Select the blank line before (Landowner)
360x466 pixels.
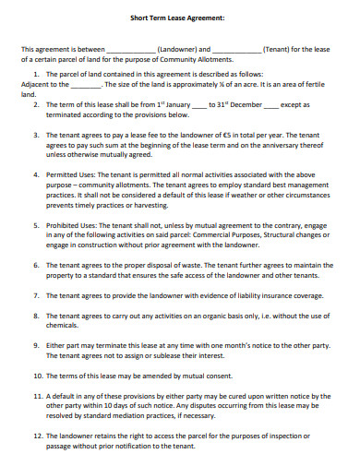132,49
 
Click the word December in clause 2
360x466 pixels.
246,105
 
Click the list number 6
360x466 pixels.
36,264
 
